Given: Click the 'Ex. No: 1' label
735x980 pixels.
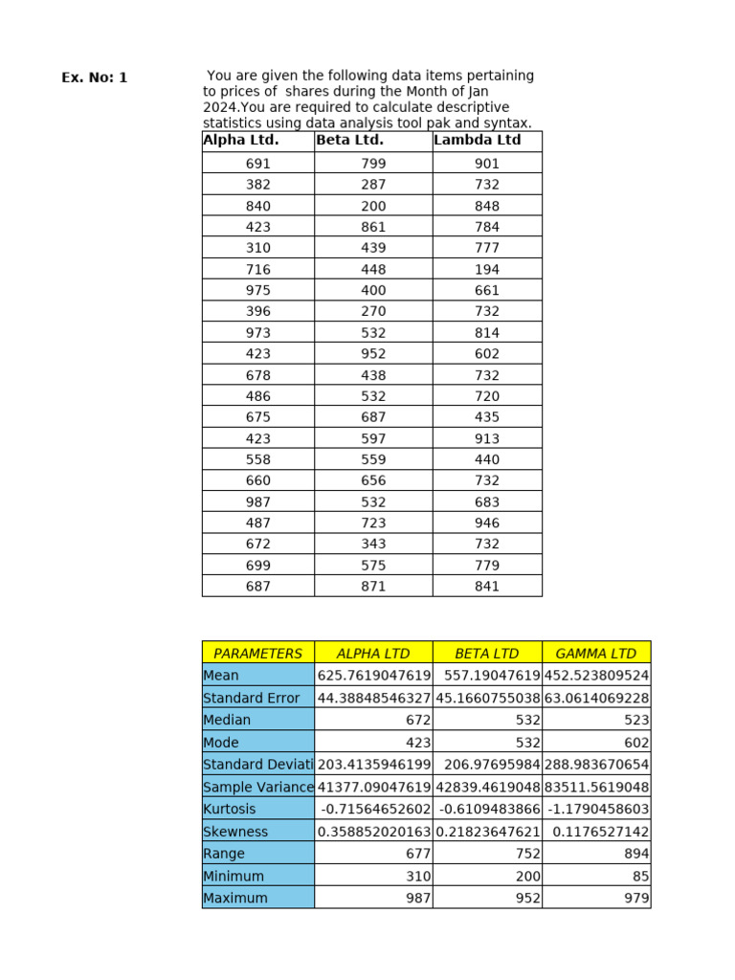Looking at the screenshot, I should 94,78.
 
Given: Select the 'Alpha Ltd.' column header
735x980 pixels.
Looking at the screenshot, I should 241,141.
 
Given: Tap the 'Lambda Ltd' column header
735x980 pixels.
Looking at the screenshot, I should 478,141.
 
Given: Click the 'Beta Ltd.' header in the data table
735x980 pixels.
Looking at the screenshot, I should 349,141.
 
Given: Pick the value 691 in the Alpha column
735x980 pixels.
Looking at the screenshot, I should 258,164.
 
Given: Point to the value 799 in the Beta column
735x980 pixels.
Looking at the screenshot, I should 373,164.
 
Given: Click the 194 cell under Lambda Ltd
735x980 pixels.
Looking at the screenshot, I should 487,270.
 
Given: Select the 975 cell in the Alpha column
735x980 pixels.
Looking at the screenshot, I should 258,291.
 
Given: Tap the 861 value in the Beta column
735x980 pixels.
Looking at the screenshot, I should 373,228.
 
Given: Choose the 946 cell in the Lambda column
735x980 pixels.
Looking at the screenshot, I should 487,523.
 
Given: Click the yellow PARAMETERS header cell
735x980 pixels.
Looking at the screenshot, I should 257,654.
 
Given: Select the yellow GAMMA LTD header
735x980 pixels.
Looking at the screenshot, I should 595,654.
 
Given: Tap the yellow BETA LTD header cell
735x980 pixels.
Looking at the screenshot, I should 486,654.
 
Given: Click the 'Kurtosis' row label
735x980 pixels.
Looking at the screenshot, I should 230,810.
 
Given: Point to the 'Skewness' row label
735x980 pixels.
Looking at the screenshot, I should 235,832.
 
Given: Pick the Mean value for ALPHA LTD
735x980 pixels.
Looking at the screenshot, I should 374,676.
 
